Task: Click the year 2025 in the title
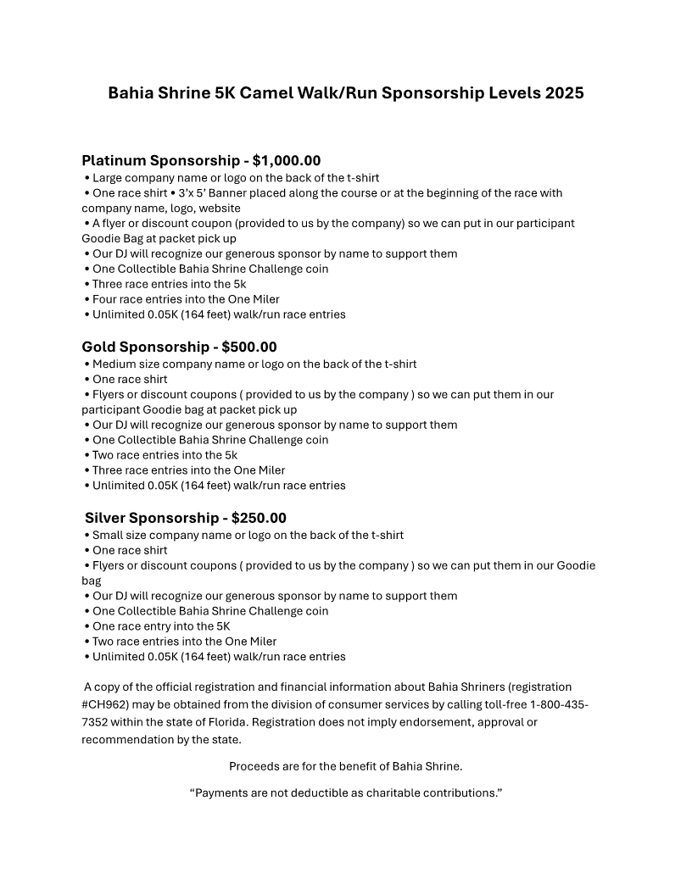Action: [x=564, y=93]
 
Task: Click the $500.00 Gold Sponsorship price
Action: [x=249, y=347]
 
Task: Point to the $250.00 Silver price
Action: [x=259, y=518]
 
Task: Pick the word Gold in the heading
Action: [x=99, y=347]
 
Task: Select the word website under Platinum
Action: [x=220, y=208]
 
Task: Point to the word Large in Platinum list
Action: [x=108, y=178]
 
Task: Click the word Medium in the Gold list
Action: [x=114, y=364]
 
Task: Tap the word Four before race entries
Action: [x=105, y=299]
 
